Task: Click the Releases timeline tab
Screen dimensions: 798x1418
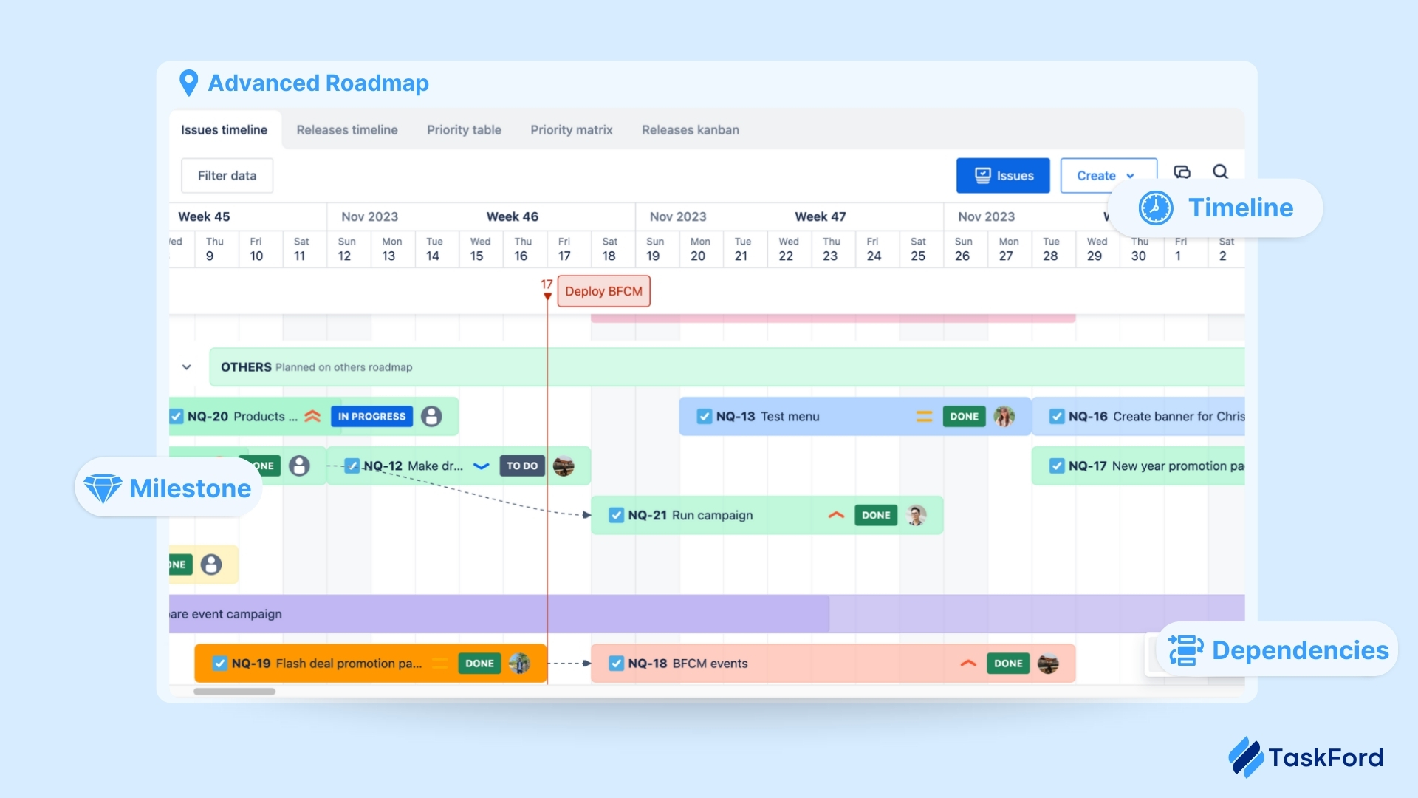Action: click(347, 130)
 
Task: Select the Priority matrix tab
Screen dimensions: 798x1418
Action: click(571, 130)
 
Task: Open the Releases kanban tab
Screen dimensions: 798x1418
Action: click(690, 130)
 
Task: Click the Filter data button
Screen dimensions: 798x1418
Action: click(227, 176)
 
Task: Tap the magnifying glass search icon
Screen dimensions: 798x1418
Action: click(1220, 172)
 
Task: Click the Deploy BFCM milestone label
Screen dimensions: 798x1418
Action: click(603, 291)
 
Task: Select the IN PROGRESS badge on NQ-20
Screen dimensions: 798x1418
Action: click(371, 417)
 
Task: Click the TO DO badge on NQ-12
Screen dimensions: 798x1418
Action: click(522, 466)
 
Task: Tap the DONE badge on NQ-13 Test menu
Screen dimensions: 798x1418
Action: click(964, 417)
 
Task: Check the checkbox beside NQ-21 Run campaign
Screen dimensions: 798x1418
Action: click(616, 515)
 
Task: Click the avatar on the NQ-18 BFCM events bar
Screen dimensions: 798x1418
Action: click(1048, 664)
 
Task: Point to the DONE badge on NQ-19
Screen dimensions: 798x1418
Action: click(479, 664)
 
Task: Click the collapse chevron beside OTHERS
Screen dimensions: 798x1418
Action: click(187, 367)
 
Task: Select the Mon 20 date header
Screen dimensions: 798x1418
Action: click(699, 250)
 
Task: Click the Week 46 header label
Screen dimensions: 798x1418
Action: click(512, 216)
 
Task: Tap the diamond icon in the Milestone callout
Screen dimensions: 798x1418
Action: click(103, 488)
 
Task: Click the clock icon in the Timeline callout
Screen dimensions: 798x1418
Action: click(1155, 208)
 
